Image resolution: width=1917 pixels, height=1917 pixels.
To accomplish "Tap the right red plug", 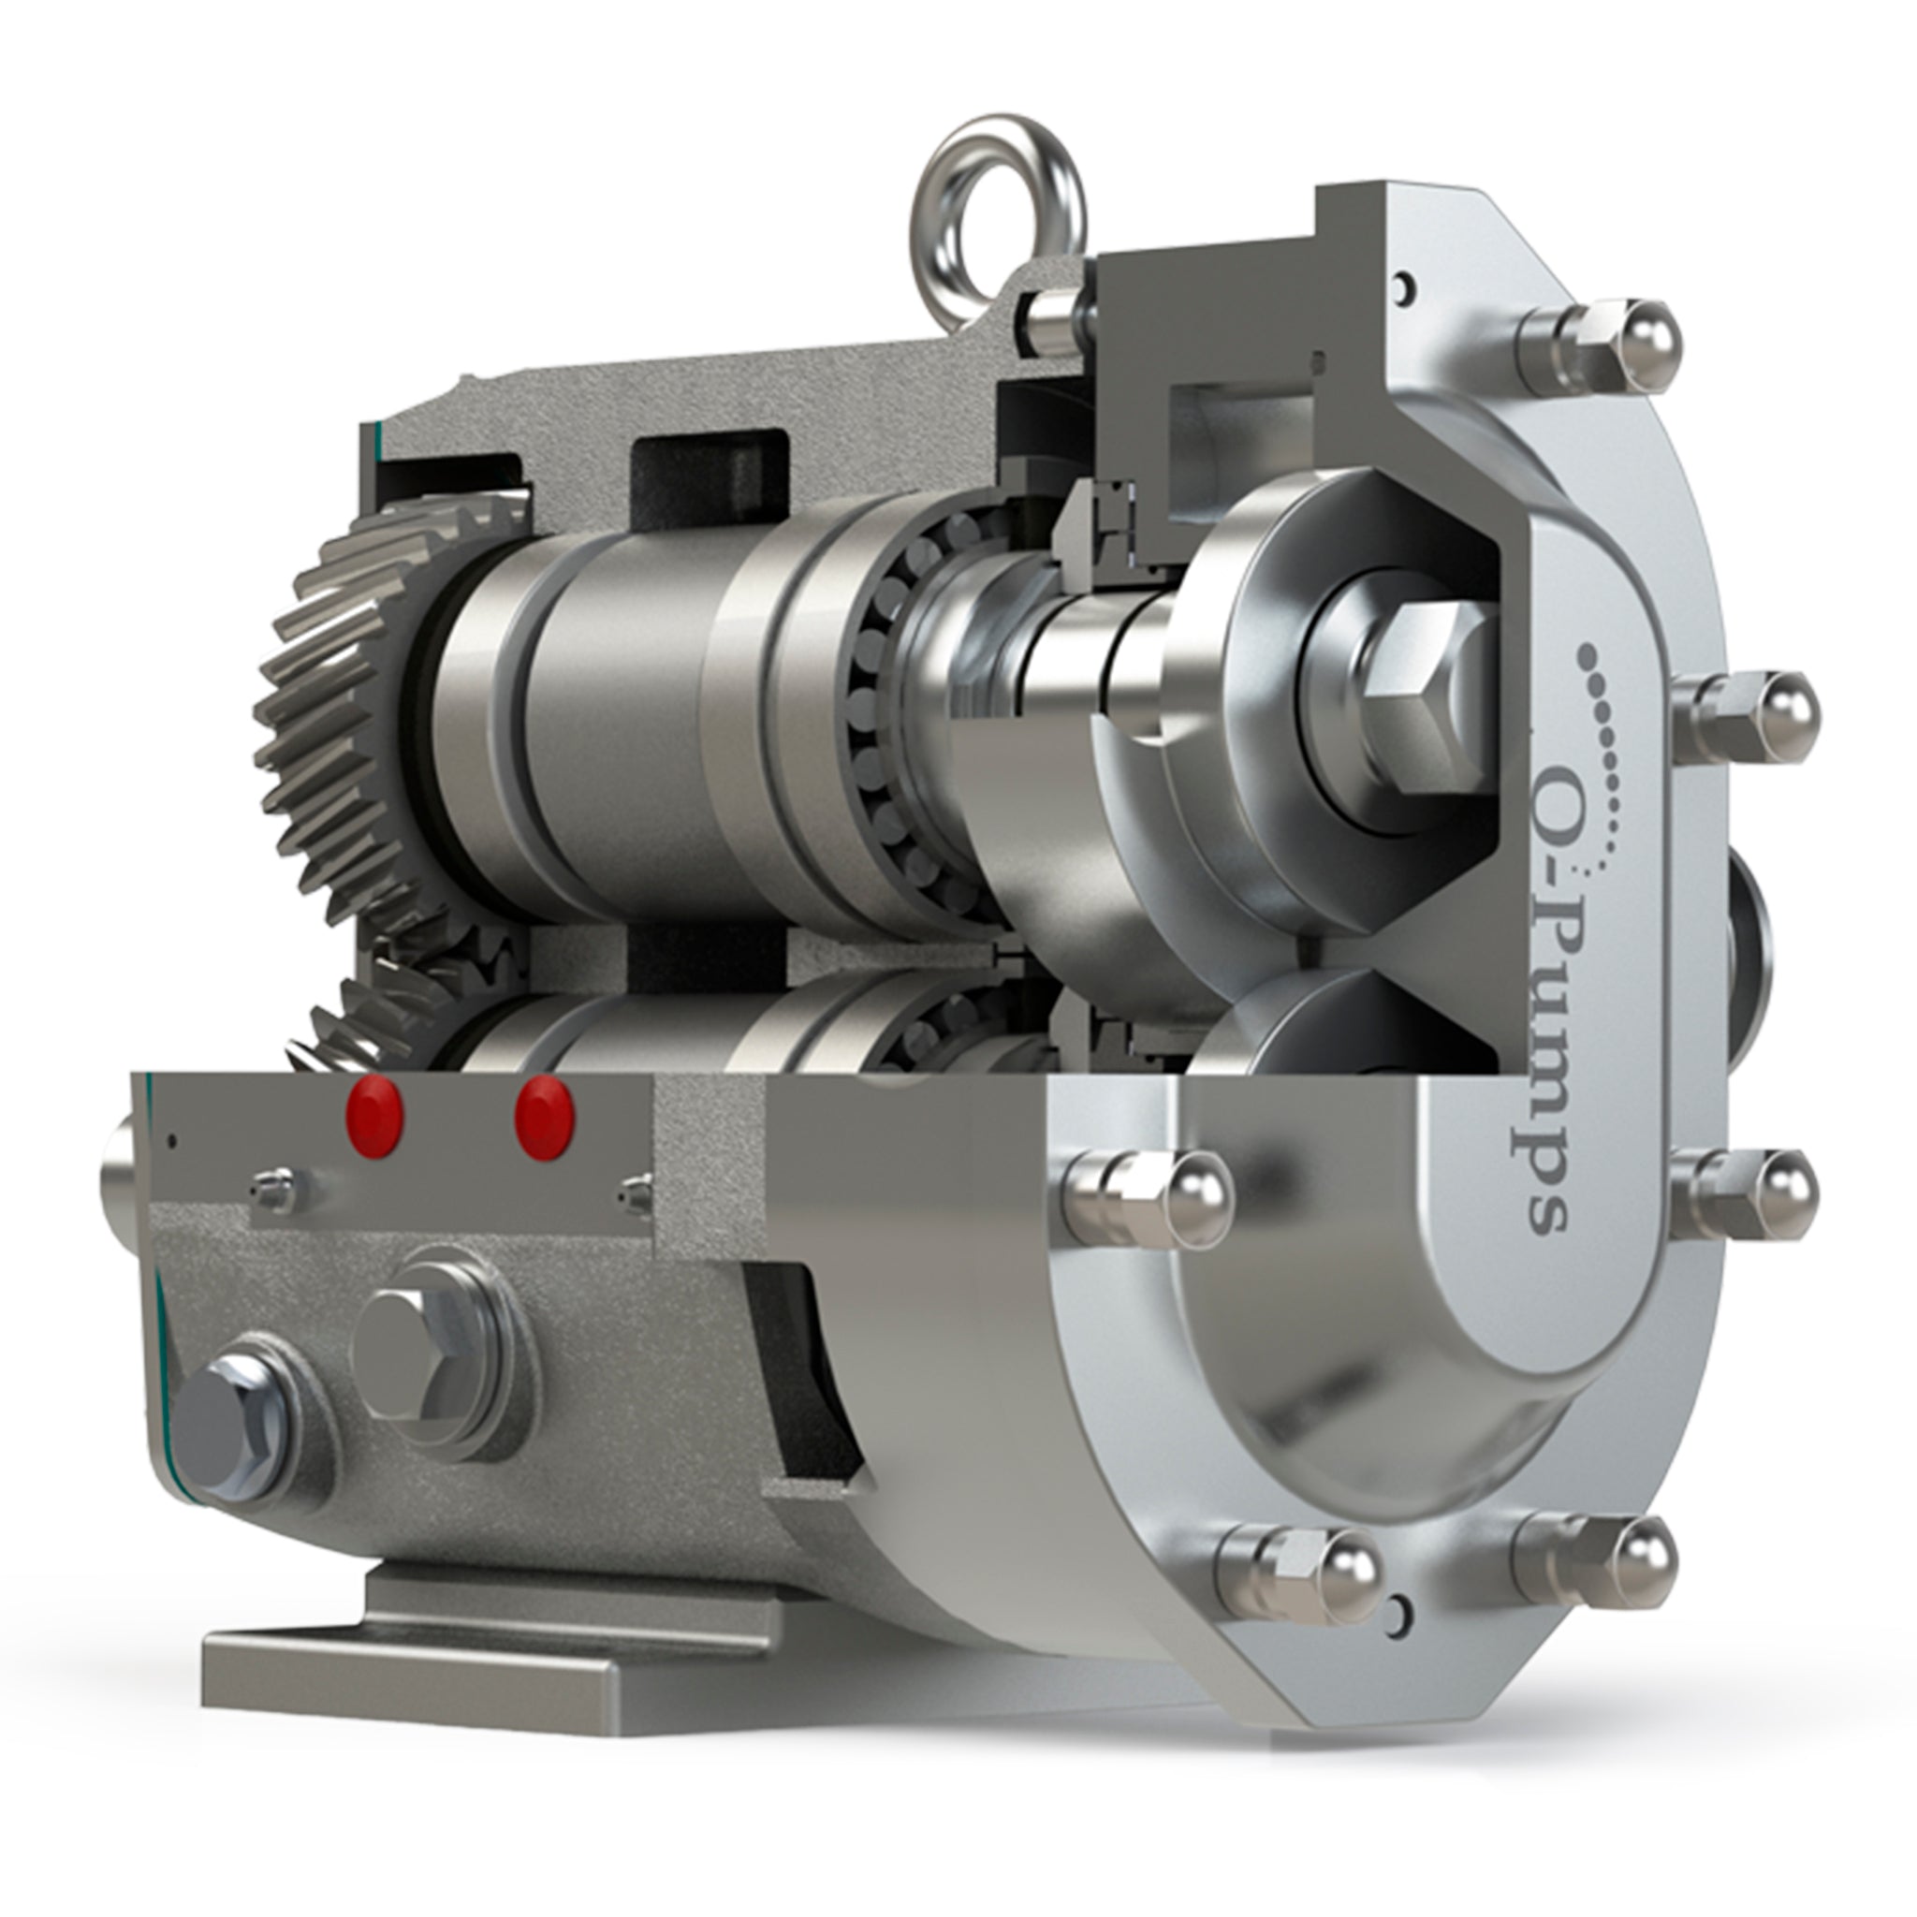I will pyautogui.click(x=545, y=1118).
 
